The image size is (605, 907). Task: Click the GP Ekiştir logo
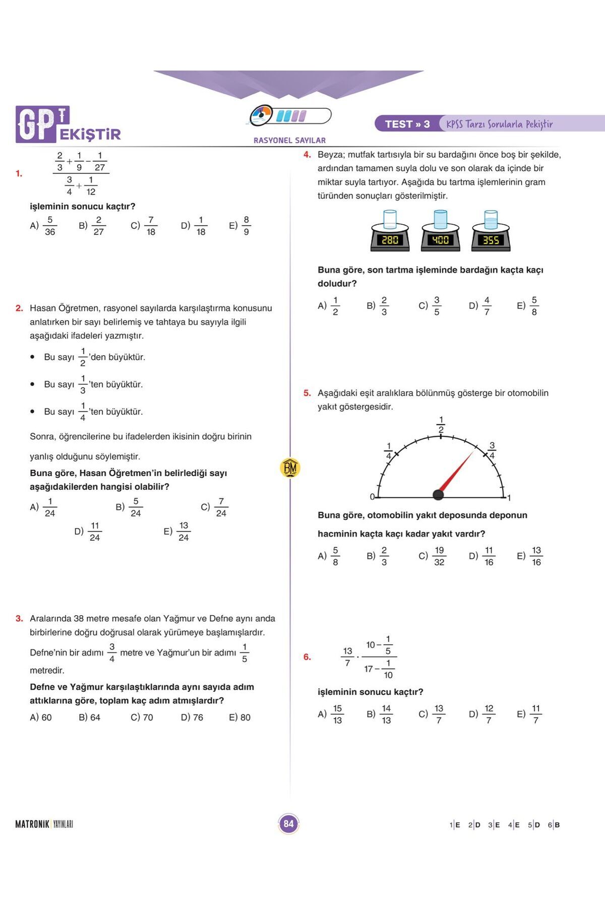[68, 124]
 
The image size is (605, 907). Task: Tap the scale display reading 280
[390, 240]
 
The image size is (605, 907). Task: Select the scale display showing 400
[440, 240]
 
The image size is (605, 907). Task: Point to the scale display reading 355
[491, 240]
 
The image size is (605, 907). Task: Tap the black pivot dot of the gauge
[439, 495]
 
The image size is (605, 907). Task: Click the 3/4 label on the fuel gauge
[492, 450]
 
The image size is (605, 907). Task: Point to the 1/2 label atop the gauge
[441, 425]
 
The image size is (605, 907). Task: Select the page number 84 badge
[288, 824]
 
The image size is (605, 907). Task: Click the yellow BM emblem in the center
[290, 468]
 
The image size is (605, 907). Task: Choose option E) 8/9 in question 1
[240, 226]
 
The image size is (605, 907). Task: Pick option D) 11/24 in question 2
[88, 532]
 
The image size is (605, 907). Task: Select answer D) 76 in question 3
[192, 717]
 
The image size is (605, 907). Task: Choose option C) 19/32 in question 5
[432, 556]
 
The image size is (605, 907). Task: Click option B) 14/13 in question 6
[380, 714]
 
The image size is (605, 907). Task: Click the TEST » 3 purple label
[407, 124]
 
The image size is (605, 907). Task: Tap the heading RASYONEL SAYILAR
[289, 141]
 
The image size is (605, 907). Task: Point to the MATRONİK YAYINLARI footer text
[44, 824]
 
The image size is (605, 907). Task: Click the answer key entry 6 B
[554, 825]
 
